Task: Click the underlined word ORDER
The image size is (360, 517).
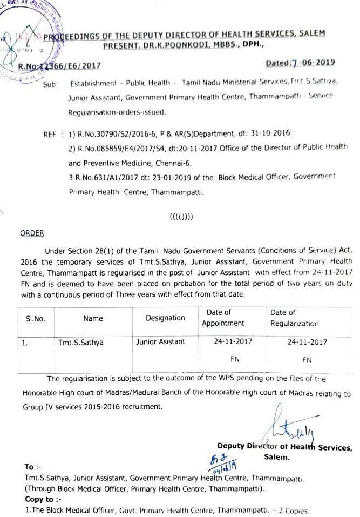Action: [x=32, y=233]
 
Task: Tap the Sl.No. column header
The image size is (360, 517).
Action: [x=36, y=319]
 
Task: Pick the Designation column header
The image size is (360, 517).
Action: [x=165, y=318]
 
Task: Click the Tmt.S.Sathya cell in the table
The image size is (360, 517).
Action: [x=80, y=342]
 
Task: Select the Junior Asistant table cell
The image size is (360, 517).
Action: [x=161, y=342]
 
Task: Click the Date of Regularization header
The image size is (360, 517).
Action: [x=294, y=318]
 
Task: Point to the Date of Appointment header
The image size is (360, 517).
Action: [x=223, y=318]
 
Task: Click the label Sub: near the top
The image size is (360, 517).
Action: [x=50, y=85]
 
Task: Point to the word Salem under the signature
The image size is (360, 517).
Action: [x=277, y=456]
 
